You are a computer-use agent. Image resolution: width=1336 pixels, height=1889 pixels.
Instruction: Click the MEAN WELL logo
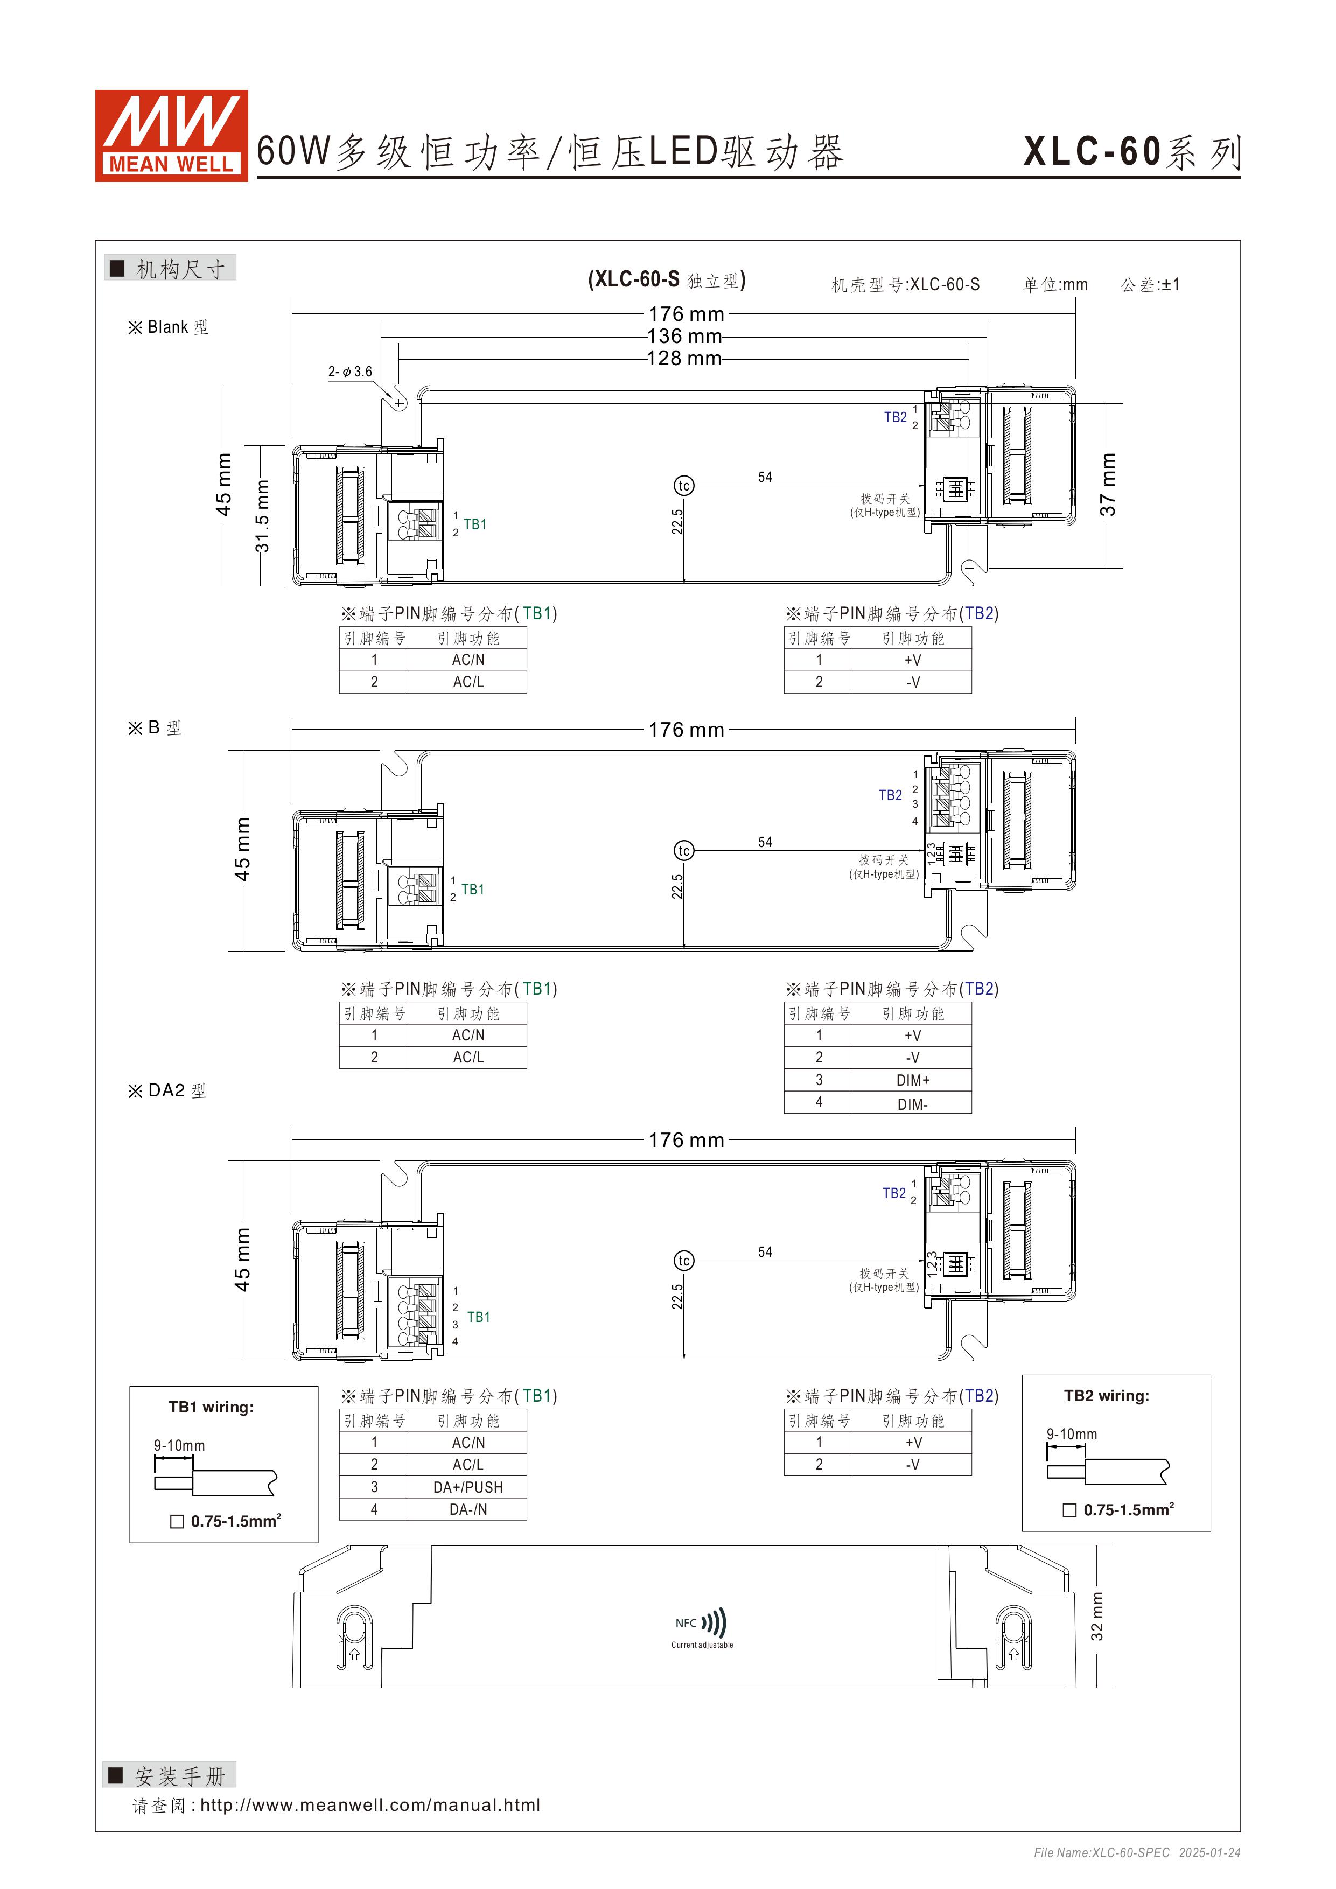coord(171,135)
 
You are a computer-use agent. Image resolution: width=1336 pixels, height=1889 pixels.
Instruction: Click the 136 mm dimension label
coord(684,337)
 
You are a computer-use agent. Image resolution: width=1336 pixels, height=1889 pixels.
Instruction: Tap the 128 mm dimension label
coord(684,359)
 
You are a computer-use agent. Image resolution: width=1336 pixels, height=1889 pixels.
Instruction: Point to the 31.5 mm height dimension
coord(262,516)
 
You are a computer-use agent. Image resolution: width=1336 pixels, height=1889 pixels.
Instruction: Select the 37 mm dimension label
coord(1108,485)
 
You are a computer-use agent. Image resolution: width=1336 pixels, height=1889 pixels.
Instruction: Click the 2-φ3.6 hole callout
coord(349,372)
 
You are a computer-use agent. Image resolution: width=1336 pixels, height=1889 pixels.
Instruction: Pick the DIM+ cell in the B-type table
coord(912,1080)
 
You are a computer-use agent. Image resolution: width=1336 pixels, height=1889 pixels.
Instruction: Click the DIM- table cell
coord(912,1104)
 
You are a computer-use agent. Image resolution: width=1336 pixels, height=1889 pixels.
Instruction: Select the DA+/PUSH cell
coord(467,1487)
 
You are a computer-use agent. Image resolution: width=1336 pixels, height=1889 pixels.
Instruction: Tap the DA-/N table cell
coord(467,1510)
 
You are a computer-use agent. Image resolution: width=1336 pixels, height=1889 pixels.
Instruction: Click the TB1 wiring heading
coord(212,1407)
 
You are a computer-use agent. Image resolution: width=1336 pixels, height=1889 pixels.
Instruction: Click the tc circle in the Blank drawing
coord(684,486)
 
